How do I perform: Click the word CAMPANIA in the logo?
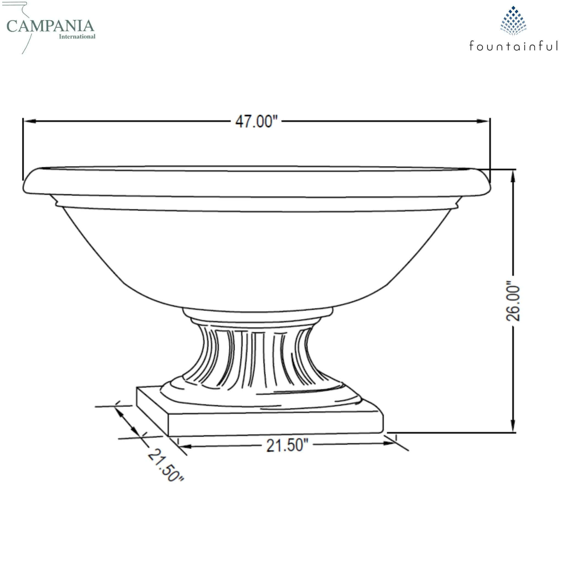coord(50,26)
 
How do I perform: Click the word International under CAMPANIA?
coord(77,37)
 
